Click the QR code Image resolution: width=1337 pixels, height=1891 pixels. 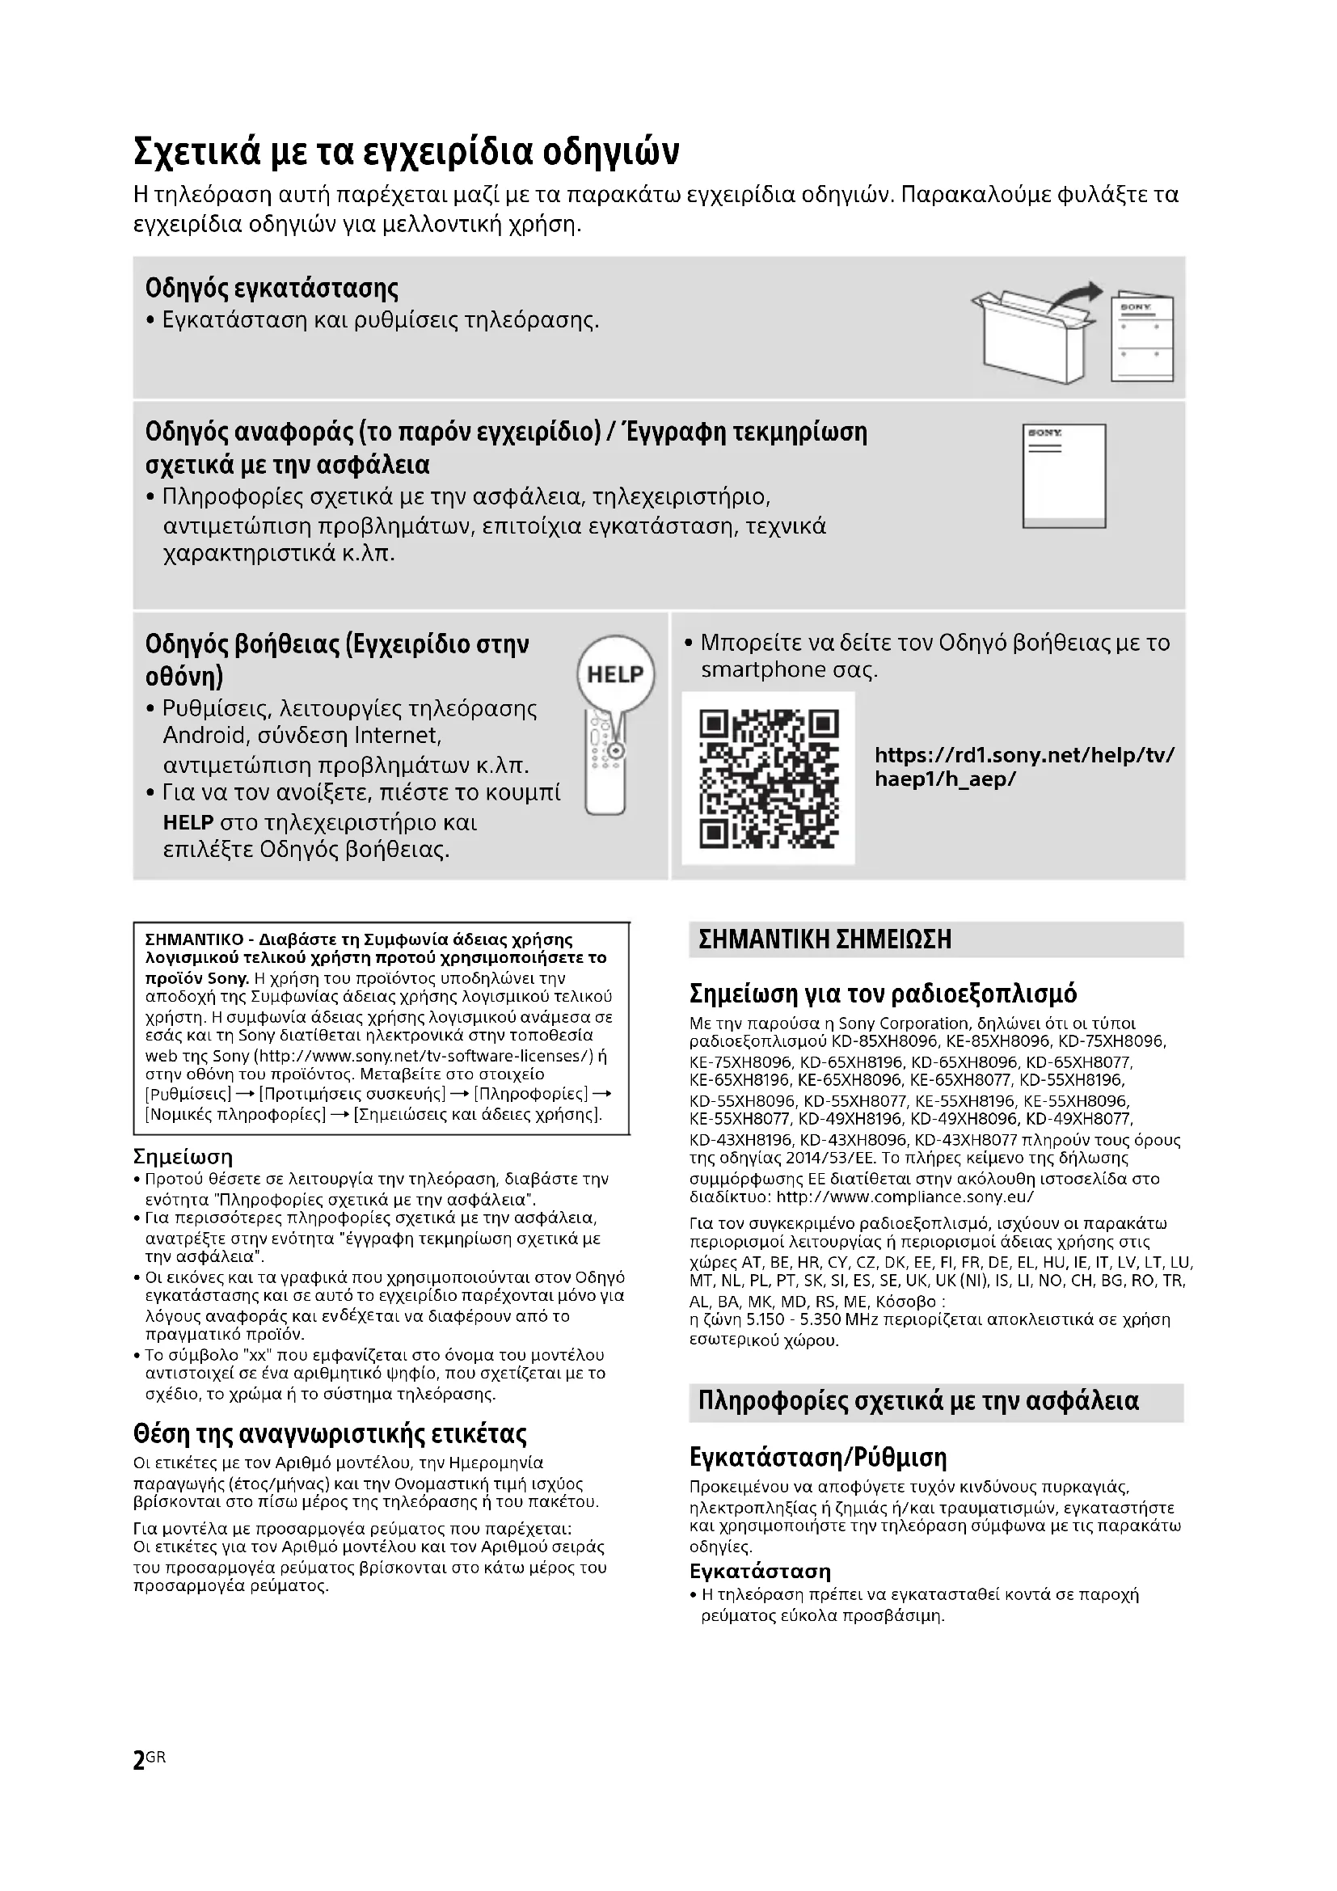click(768, 779)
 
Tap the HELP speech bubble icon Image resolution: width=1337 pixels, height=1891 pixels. click(615, 674)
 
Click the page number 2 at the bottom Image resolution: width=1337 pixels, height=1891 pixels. click(138, 1760)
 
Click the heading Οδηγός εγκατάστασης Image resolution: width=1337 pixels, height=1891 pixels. click(272, 289)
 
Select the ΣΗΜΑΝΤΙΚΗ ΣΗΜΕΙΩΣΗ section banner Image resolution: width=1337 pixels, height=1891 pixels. click(935, 939)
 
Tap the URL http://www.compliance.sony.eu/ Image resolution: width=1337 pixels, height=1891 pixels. click(905, 1197)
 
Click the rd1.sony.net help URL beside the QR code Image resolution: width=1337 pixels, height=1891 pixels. click(1024, 766)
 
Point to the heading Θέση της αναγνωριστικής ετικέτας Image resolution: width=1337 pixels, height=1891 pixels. click(329, 1434)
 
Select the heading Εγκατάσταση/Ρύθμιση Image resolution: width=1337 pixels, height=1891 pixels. click(817, 1458)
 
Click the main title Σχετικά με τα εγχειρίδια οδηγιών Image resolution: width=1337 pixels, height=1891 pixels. click(407, 151)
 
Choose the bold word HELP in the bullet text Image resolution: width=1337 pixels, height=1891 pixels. click(188, 823)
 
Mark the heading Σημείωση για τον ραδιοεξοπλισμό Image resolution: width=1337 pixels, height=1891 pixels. click(883, 994)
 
